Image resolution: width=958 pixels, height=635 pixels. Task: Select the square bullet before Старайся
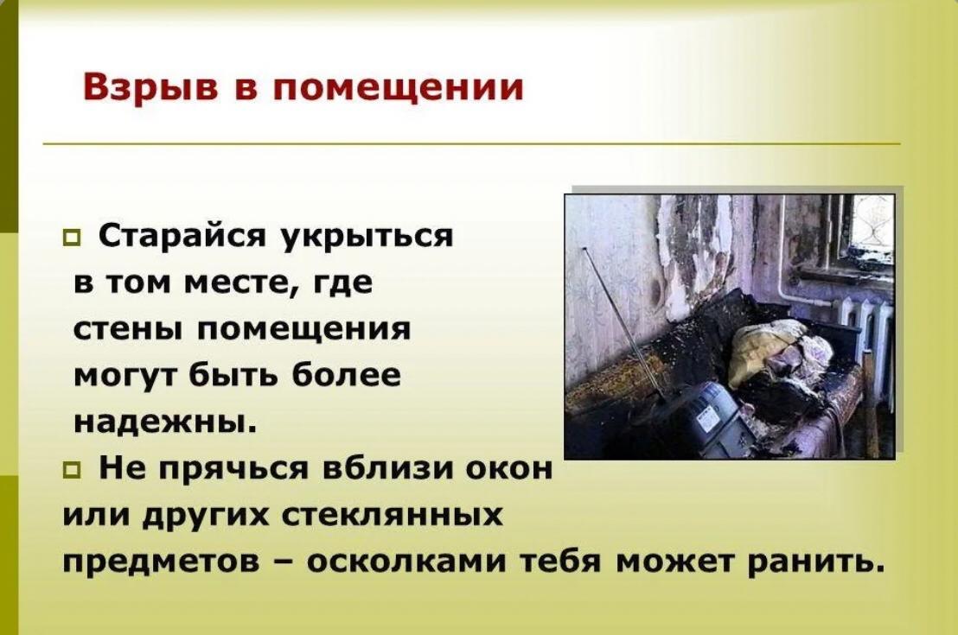(72, 237)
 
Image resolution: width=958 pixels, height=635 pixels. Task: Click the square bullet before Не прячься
(72, 470)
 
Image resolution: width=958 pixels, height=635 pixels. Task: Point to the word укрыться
(367, 237)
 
